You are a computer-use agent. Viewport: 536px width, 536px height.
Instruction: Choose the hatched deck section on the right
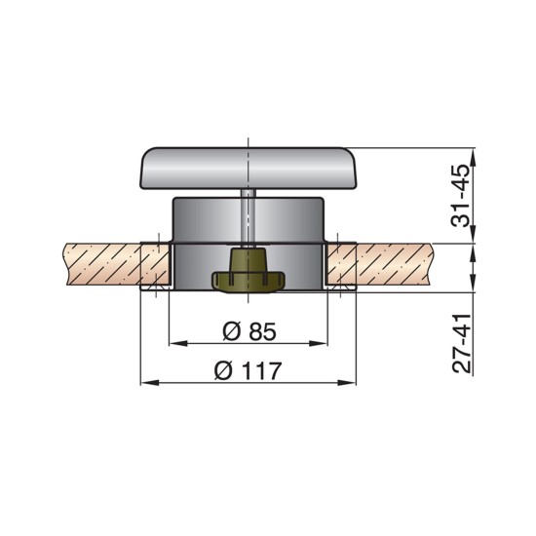point(390,265)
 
